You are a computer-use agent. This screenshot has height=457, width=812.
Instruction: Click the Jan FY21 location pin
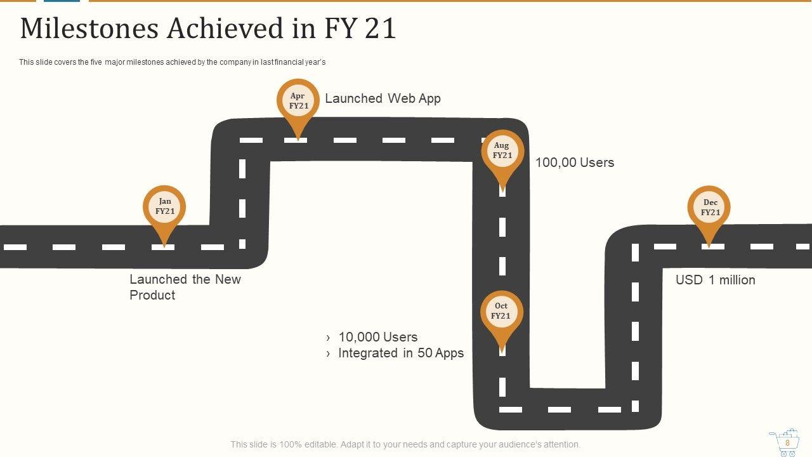point(164,207)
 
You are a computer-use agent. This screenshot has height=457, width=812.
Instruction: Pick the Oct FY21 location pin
point(501,312)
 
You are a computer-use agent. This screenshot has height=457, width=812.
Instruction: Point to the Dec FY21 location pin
point(709,208)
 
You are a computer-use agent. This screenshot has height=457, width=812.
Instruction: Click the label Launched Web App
point(383,98)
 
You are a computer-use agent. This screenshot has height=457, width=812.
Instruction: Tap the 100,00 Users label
point(574,162)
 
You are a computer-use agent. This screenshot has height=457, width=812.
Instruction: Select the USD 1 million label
point(715,280)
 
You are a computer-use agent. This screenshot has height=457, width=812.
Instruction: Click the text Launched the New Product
point(185,287)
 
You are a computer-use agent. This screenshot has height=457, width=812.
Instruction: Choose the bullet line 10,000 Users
point(377,337)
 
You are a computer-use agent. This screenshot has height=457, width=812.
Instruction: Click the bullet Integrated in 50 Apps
point(400,353)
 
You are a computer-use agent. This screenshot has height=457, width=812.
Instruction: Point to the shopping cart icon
point(784,442)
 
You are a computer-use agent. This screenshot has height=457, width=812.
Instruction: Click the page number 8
point(787,442)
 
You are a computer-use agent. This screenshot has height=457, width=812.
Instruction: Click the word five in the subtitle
point(93,62)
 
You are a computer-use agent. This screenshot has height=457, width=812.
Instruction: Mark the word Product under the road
point(152,295)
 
